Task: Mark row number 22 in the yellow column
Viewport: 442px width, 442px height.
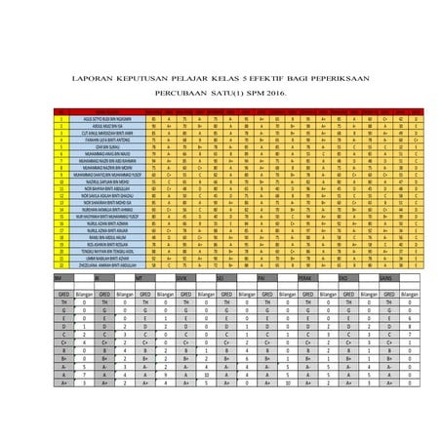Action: [x=60, y=264]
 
